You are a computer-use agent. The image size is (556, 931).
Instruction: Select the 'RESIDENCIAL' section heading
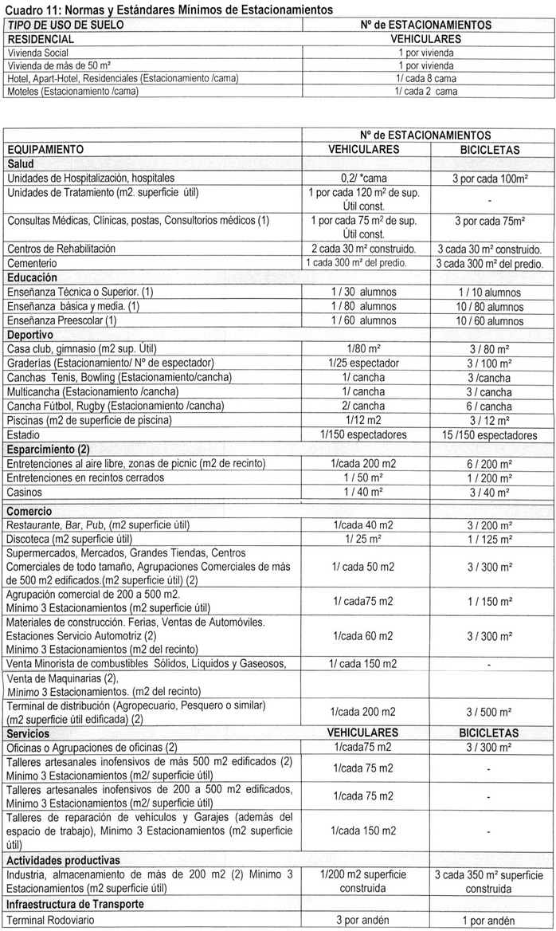point(41,38)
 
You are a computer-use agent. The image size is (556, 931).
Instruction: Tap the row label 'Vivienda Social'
point(39,52)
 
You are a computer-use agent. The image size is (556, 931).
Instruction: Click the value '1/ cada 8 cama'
point(425,78)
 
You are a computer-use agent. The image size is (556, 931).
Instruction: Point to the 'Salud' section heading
point(22,163)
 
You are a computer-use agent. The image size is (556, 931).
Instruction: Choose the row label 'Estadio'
point(23,434)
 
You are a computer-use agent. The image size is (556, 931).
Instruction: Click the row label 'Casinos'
point(25,492)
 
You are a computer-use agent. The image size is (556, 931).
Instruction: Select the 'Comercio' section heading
point(29,511)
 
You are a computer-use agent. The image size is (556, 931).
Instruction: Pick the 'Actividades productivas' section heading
point(63,861)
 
